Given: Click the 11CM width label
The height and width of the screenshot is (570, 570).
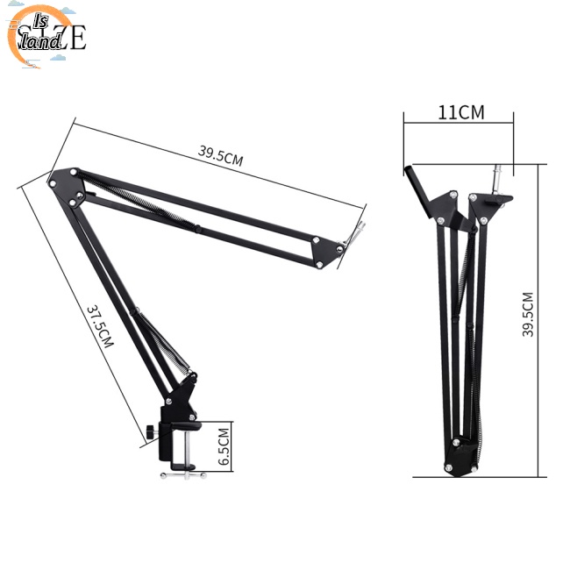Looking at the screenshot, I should (461, 112).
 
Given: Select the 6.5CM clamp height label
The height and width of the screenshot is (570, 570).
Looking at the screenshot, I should (224, 445).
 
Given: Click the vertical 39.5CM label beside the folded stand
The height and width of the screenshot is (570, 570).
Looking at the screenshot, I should (528, 314).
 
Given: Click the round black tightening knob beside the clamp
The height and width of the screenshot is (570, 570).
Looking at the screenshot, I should (153, 432).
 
